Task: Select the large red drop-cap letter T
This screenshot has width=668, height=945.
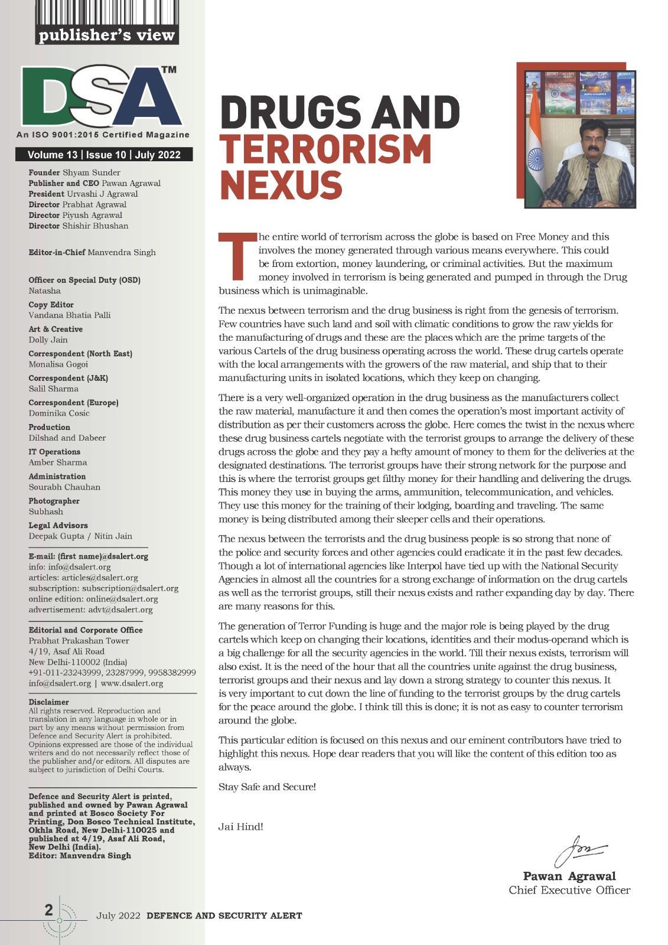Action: [x=236, y=256]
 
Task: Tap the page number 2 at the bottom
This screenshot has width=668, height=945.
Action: [x=48, y=910]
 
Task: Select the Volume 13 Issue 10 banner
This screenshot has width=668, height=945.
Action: [x=104, y=155]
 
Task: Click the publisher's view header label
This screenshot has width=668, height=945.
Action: [x=107, y=35]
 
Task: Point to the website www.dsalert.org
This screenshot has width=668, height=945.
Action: [x=132, y=683]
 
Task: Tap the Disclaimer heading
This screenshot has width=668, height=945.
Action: [x=49, y=702]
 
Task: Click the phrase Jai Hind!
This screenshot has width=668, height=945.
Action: [x=241, y=826]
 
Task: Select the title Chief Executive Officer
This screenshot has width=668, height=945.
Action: [x=569, y=890]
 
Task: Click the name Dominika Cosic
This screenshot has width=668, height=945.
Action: [x=59, y=413]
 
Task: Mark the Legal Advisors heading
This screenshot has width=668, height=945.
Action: [x=58, y=525]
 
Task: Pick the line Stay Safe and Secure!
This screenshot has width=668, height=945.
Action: [x=267, y=787]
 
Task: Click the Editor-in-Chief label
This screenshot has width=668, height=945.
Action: [x=57, y=252]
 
